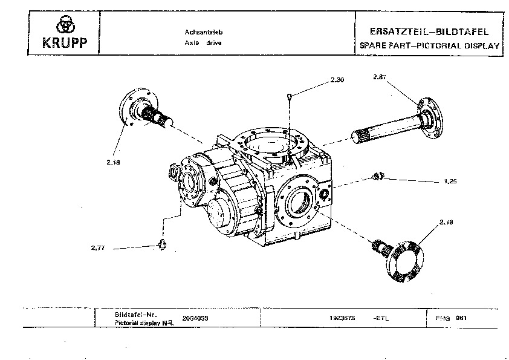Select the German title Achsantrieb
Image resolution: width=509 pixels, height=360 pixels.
pos(196,33)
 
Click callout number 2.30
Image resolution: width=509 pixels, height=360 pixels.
pos(337,80)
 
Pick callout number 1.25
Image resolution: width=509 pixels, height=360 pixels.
pos(450,182)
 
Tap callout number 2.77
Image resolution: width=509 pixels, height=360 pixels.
pos(97,247)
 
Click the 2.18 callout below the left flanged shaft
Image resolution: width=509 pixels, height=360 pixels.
pos(113,162)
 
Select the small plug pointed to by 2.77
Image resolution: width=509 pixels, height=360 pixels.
pos(161,243)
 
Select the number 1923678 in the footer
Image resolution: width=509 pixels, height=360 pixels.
pos(342,317)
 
